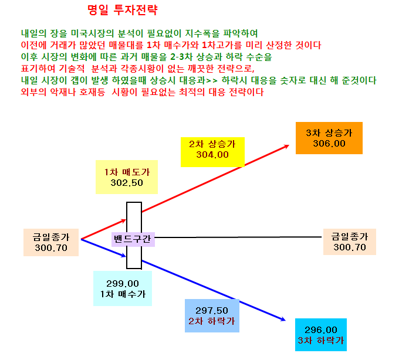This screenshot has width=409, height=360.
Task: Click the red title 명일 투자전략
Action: [x=122, y=10]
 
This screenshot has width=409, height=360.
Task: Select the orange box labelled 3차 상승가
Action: [x=329, y=138]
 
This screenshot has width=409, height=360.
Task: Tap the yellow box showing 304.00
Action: [x=212, y=152]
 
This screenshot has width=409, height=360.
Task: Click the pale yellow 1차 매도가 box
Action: [x=127, y=177]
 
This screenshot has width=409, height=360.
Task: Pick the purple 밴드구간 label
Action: [x=133, y=239]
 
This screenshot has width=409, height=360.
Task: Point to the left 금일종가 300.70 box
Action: [x=51, y=242]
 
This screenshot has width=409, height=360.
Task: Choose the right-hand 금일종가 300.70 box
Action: [x=350, y=242]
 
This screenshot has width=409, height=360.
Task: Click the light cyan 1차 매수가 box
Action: [x=123, y=288]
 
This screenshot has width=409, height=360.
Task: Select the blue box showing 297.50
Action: [x=212, y=315]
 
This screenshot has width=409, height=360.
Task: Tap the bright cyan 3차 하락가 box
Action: [x=321, y=335]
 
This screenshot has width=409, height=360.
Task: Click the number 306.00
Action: [x=329, y=144]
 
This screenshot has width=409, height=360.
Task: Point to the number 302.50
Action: [x=127, y=183]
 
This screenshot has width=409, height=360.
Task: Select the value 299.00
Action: [x=123, y=283]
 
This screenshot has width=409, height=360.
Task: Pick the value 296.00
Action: [x=321, y=330]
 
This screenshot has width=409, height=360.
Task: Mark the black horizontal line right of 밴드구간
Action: [x=238, y=237]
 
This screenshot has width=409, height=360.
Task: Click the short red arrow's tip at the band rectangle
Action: [x=126, y=220]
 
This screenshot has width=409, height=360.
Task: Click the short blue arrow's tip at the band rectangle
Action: [x=126, y=256]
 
